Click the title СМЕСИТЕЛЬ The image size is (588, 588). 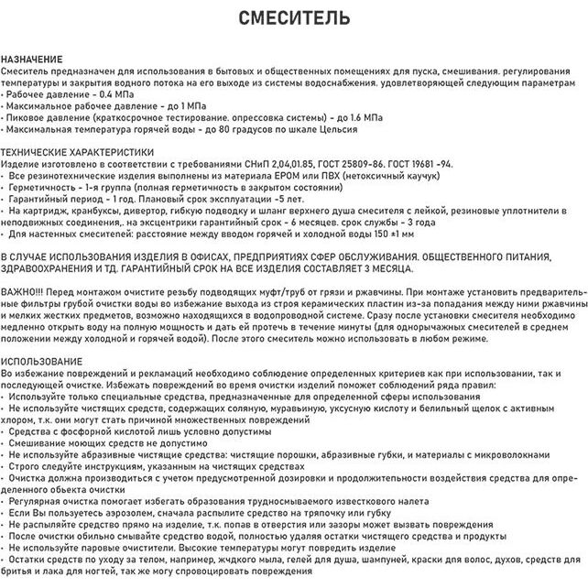294,18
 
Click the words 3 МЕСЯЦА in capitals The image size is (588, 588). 384,268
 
